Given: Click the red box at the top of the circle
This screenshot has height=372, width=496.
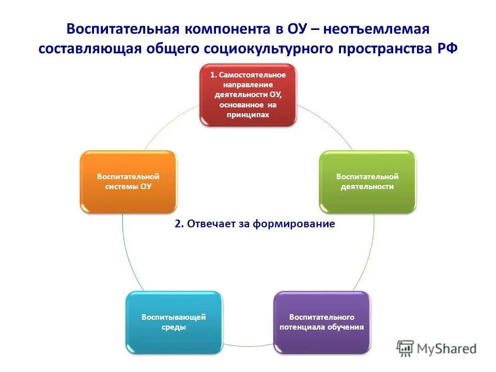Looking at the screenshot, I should [x=249, y=95].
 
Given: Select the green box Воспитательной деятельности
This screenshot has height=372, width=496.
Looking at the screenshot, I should [x=367, y=181].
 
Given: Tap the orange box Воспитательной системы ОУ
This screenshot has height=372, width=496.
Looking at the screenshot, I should [x=128, y=181].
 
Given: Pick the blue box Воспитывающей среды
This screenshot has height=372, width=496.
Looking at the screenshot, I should [x=174, y=322].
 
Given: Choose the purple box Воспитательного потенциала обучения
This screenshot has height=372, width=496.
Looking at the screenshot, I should [x=322, y=322].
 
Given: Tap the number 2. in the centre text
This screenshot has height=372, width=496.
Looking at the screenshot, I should [x=179, y=224].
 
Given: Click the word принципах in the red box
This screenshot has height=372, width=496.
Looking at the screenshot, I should [x=248, y=115].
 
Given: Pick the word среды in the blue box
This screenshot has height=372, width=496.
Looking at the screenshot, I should [x=174, y=327].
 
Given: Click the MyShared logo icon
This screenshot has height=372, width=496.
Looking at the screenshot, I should [x=406, y=349].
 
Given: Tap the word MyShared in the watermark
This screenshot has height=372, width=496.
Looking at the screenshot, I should [x=447, y=349].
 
